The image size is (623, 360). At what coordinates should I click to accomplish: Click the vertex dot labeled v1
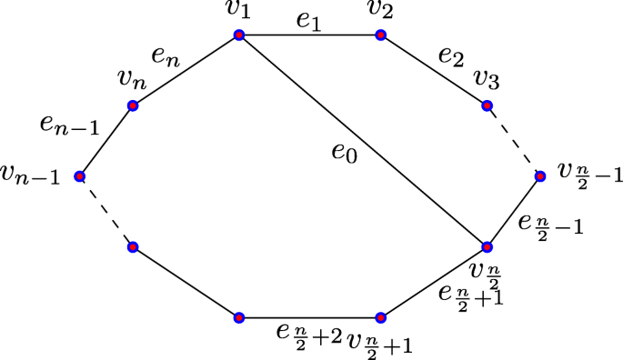pos(238,35)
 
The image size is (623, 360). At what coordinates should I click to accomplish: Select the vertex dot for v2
pos(380,35)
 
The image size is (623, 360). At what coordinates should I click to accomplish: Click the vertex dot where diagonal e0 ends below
pos(487,246)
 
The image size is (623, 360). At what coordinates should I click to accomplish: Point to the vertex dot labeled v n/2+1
pos(380,317)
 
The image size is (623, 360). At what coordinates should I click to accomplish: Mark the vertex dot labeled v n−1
pos(80,175)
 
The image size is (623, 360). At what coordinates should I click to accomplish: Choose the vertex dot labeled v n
pos(133,105)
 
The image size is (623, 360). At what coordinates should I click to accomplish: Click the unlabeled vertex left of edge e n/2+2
pos(238,317)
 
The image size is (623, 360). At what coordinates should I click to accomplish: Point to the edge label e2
pos(449,55)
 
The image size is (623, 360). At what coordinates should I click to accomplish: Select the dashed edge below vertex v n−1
pos(106,211)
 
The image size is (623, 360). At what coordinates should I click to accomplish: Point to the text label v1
pos(238,13)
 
